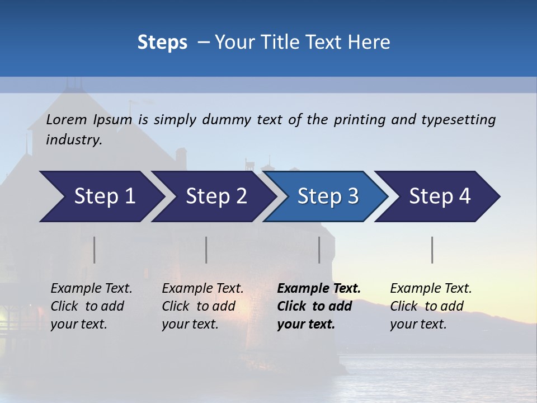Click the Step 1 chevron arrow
[101, 196]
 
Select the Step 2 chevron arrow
[213, 196]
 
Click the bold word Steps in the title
[162, 43]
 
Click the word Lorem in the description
[66, 119]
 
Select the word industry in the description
[74, 139]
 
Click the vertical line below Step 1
[95, 250]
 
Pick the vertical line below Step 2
[206, 250]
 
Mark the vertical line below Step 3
[319, 250]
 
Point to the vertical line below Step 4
[432, 250]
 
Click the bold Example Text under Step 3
[319, 289]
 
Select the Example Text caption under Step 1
[91, 289]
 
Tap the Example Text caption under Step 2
[202, 289]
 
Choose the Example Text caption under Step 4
[431, 289]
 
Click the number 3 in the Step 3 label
[352, 196]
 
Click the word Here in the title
[373, 43]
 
